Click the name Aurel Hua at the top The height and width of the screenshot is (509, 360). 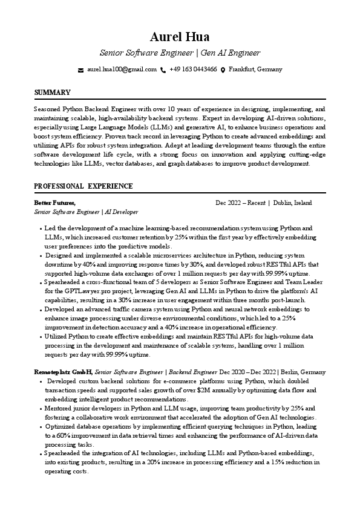tap(180, 38)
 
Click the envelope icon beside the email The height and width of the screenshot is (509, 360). tap(81, 70)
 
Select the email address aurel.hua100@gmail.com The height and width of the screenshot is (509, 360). tap(122, 70)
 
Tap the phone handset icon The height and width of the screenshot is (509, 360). tap(163, 70)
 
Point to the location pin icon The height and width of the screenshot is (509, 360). tap(223, 70)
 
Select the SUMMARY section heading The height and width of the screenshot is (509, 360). tap(52, 92)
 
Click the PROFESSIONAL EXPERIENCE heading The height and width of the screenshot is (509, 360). tap(83, 186)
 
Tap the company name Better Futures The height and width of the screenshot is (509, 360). tap(54, 203)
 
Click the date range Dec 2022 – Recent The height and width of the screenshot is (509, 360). tap(241, 203)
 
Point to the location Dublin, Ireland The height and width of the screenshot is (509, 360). tap(292, 203)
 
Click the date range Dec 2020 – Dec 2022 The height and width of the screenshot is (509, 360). tap(262, 372)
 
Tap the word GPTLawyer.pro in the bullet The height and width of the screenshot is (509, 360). tap(76, 291)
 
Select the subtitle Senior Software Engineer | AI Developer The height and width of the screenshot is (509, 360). tap(86, 212)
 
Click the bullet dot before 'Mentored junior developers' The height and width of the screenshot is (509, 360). tap(41, 409)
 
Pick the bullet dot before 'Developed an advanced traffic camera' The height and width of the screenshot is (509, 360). tap(41, 309)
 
